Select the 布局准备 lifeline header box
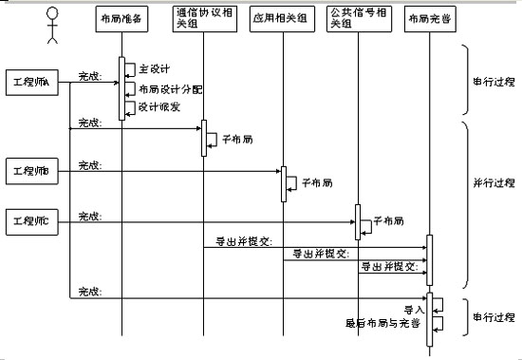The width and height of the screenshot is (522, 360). point(120,20)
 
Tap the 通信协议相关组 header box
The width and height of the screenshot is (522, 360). point(201,20)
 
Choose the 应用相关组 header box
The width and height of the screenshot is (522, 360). point(282,20)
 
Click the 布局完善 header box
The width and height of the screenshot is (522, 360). point(429,20)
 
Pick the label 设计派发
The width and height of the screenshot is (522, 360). point(156,107)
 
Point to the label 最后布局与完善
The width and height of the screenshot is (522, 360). point(383,323)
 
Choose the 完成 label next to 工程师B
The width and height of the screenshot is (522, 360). point(89,165)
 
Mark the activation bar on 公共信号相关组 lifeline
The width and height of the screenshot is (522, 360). point(357,220)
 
